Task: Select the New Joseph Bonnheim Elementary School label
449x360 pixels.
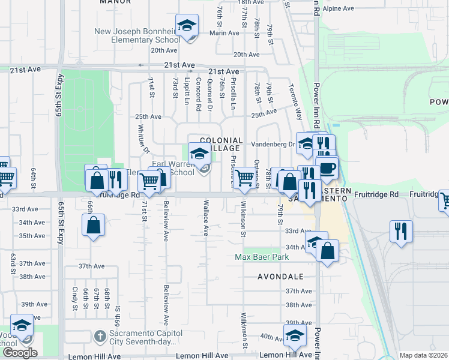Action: [137, 35]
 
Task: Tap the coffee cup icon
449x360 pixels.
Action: [327, 169]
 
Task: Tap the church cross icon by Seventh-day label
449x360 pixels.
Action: [100, 335]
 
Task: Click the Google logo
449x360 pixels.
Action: [19, 353]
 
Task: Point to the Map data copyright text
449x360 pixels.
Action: [423, 355]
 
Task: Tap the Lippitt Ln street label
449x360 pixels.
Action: [187, 88]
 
